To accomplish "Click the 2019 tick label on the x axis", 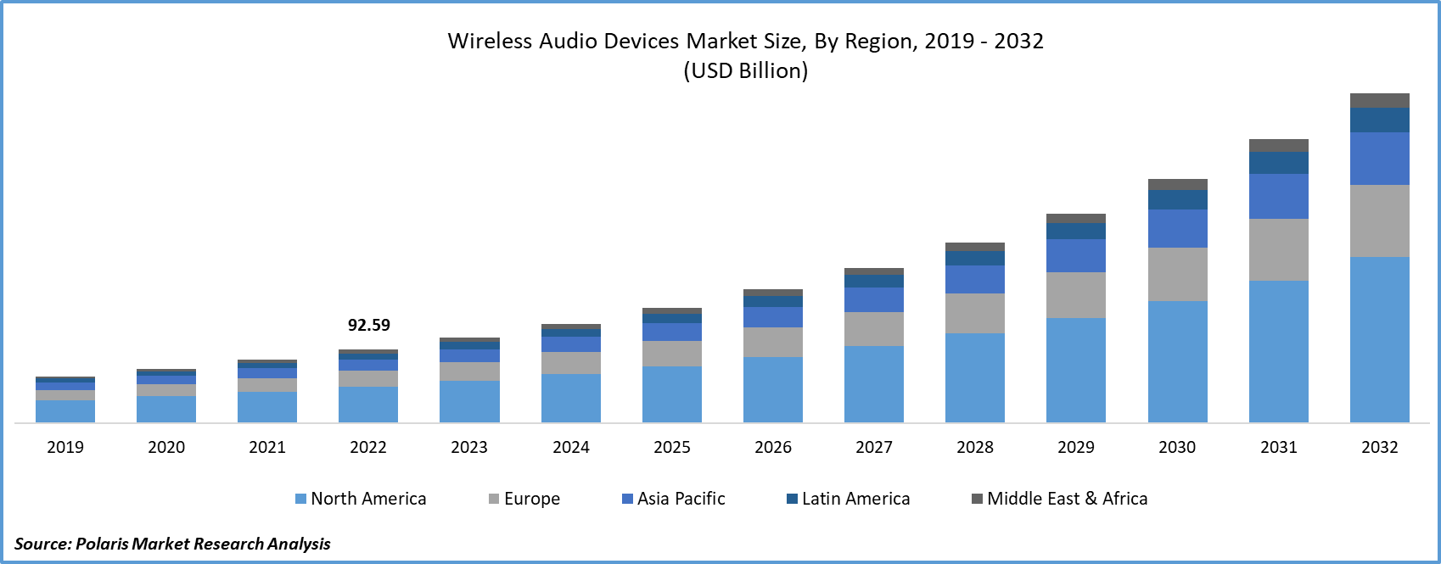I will point(65,447).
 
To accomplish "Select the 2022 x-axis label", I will point(368,447).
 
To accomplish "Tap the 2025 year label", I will point(671,447).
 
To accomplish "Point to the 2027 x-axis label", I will point(874,447).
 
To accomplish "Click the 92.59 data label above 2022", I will point(369,325).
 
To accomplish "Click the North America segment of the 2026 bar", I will point(773,389).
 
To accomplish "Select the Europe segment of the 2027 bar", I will point(874,329).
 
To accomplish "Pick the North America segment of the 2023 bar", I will point(469,401).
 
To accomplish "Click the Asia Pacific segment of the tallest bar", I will point(1380,159).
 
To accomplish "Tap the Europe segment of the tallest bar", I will point(1380,221).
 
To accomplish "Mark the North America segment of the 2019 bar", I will point(65,411).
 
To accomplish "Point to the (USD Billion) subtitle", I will point(746,70).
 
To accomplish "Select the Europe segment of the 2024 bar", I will point(571,363).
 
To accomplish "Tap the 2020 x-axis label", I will point(166,447).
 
